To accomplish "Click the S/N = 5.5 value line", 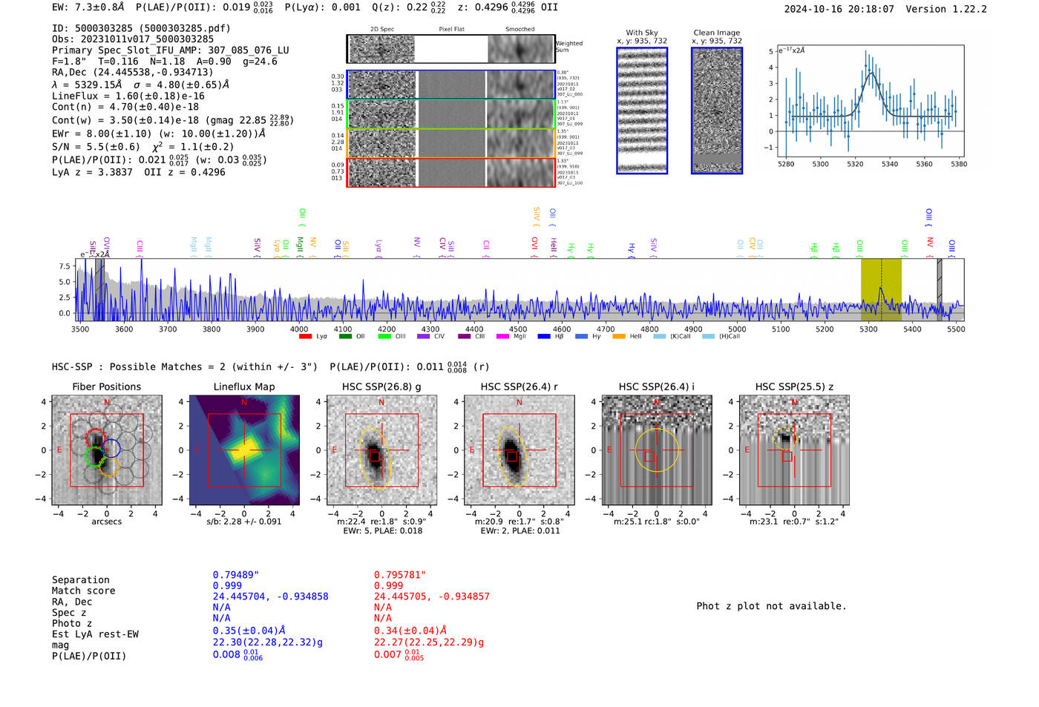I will [96, 147].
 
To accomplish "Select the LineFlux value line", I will [128, 96].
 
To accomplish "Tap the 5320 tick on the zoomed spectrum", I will [855, 164].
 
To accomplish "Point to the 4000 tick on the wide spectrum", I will [299, 329].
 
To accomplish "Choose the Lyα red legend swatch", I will [305, 337].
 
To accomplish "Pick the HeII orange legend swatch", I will [619, 337].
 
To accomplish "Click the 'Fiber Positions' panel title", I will [106, 387].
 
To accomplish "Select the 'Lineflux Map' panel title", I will [244, 387].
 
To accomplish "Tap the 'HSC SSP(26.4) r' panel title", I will [519, 387].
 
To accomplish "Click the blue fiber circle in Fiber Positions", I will [111, 447].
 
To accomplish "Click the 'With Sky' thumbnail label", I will [642, 33].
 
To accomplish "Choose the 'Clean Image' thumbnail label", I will [716, 33].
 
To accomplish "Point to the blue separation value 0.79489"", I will [235, 575].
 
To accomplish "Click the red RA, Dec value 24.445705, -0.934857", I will [431, 596].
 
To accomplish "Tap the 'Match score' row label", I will [83, 591].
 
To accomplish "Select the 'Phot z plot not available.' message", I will [771, 606].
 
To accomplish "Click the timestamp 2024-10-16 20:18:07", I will [839, 9].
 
